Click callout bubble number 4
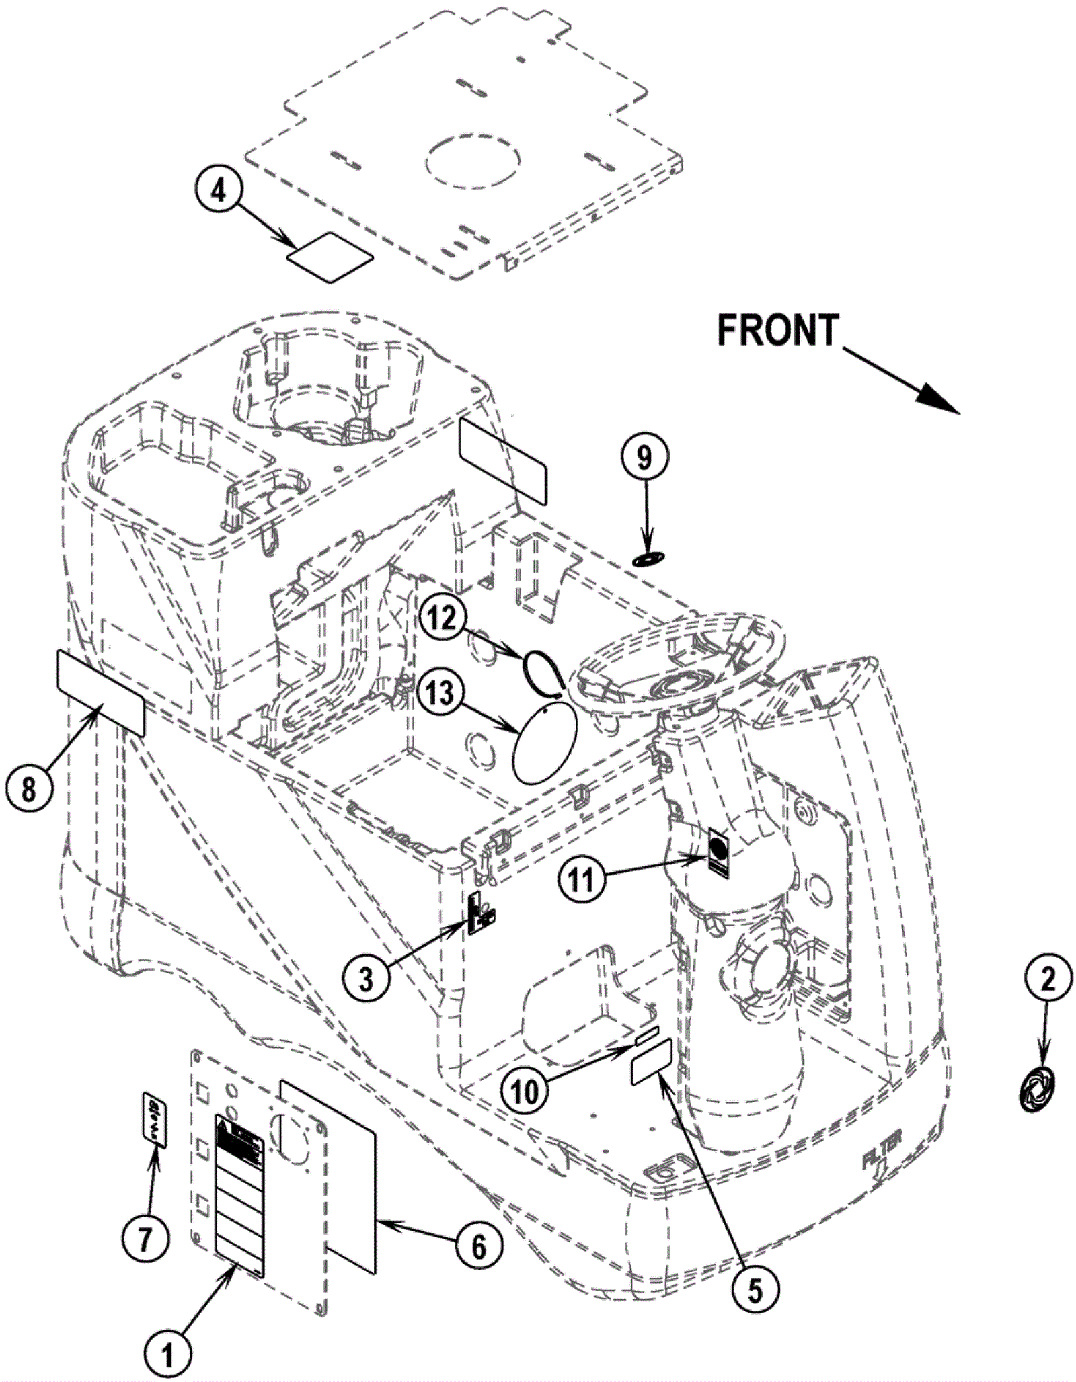click(218, 191)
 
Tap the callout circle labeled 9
click(644, 458)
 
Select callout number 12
click(443, 618)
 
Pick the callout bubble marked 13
click(440, 694)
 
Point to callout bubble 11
click(582, 880)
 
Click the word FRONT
click(777, 331)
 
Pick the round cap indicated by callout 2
click(1036, 1090)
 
